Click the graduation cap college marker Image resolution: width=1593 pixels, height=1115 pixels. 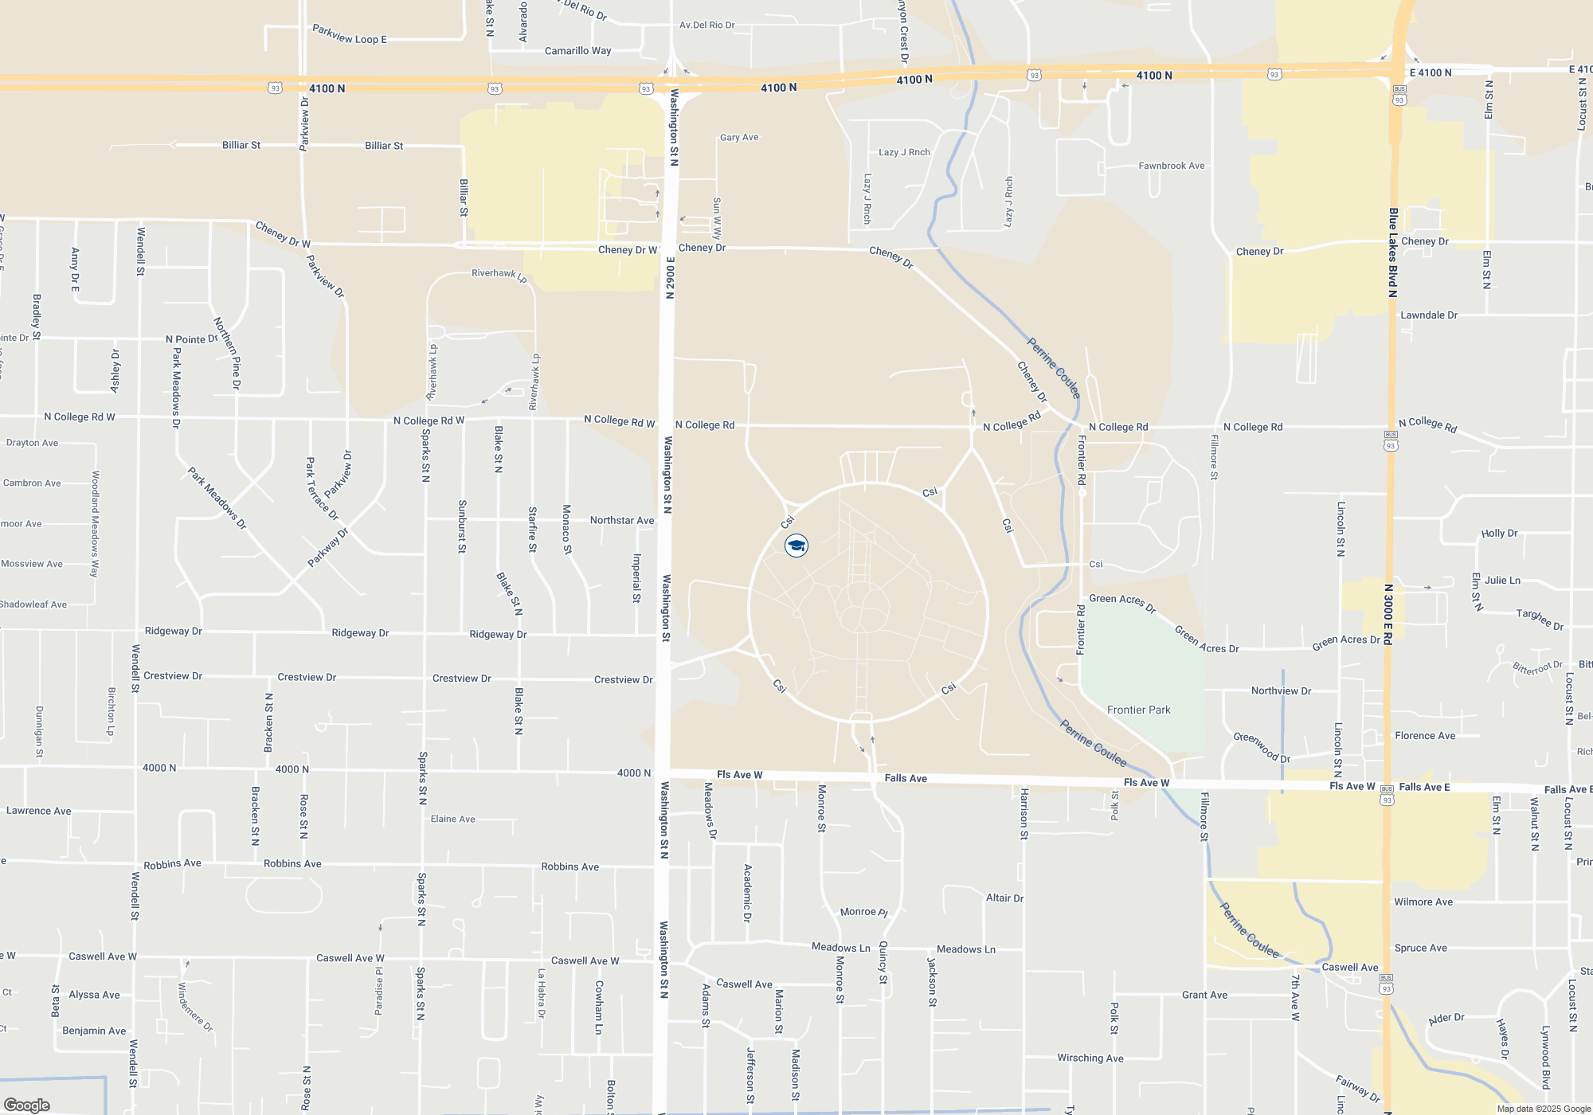[x=796, y=546]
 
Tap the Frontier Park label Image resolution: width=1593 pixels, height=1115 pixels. [x=1138, y=710]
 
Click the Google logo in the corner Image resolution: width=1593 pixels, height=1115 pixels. [x=27, y=1105]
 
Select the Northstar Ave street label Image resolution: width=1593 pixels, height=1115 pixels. [x=621, y=520]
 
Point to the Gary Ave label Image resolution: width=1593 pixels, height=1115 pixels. [x=739, y=137]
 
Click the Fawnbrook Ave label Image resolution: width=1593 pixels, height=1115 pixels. [x=1171, y=166]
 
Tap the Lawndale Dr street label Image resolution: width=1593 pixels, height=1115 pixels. [x=1429, y=315]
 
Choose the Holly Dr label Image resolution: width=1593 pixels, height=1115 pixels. [x=1499, y=533]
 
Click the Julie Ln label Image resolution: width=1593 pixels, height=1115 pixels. [x=1502, y=580]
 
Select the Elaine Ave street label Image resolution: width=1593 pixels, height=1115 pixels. [x=452, y=819]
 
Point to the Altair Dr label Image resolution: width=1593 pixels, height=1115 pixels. [x=1004, y=898]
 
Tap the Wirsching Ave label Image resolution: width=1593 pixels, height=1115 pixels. [x=1090, y=1058]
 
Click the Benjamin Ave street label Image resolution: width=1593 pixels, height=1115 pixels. [x=94, y=1031]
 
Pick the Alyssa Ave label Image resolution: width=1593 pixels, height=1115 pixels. [x=94, y=995]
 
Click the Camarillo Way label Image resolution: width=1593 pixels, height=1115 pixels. [x=577, y=51]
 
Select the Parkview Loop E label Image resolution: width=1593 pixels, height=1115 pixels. [x=349, y=35]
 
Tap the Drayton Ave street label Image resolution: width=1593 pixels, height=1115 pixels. [x=32, y=443]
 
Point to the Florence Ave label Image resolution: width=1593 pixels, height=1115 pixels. [x=1425, y=735]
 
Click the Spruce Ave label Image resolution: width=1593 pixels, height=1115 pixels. [x=1421, y=948]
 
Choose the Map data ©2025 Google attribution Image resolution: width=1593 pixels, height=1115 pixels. [x=1543, y=1109]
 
